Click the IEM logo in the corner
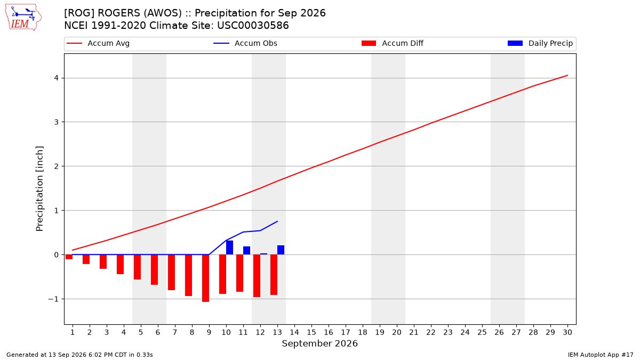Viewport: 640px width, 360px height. point(23,18)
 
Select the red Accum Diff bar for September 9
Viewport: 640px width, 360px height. point(206,278)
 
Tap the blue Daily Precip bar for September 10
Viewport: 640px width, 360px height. point(229,247)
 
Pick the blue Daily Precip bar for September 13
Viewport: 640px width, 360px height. point(281,250)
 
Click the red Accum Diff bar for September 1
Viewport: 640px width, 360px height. point(69,257)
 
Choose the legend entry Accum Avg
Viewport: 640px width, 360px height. point(98,43)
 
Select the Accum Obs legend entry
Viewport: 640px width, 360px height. point(245,43)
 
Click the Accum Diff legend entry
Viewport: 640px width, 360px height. point(393,43)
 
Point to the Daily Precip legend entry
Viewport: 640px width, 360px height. point(540,43)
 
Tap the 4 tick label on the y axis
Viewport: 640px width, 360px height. point(56,78)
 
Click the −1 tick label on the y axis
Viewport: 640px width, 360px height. point(53,299)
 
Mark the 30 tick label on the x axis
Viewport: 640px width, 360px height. point(567,332)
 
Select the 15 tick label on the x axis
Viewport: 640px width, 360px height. point(311,332)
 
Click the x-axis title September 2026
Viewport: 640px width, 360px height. point(319,343)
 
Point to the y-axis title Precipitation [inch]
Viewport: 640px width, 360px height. point(39,189)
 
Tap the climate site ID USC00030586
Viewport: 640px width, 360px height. point(253,26)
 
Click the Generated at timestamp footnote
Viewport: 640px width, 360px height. point(79,355)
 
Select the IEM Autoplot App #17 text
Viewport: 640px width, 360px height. point(601,355)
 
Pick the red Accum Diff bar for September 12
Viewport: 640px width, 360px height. point(257,276)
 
